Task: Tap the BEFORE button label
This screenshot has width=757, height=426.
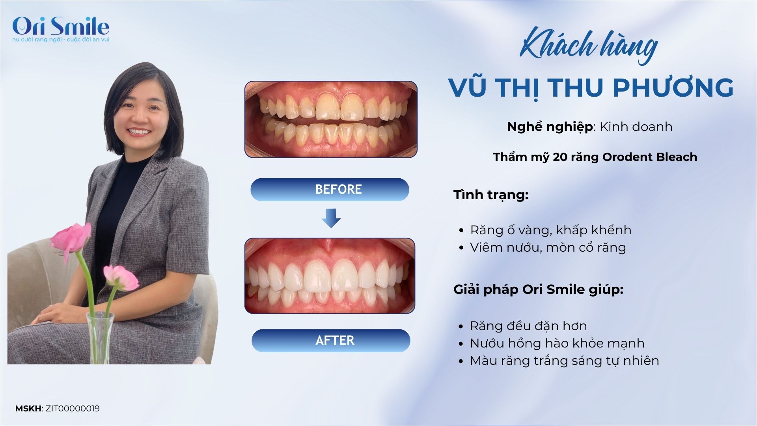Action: click(338, 189)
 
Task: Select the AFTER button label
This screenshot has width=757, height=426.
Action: click(335, 340)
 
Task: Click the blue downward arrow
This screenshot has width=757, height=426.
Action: click(331, 219)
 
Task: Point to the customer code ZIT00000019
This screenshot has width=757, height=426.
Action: click(73, 409)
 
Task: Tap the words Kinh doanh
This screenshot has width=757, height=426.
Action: click(636, 127)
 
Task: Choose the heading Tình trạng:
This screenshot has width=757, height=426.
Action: click(491, 195)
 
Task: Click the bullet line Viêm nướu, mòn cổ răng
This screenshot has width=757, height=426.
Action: click(548, 247)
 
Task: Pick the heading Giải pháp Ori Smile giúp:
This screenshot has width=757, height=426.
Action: click(539, 290)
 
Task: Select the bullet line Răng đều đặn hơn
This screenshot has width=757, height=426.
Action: click(528, 326)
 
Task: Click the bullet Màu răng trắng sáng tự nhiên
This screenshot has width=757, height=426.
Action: click(564, 361)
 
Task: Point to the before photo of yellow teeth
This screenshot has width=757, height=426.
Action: click(331, 120)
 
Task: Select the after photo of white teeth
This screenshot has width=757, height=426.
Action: click(330, 276)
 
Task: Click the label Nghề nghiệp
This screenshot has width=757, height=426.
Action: click(550, 127)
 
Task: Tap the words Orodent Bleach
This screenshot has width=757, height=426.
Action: click(650, 157)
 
